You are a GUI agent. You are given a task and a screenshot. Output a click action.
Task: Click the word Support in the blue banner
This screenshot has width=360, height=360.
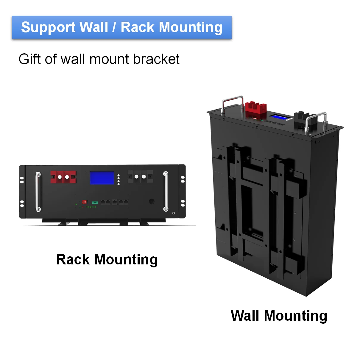point(48,28)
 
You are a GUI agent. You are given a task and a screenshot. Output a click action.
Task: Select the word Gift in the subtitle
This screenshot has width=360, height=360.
point(29,59)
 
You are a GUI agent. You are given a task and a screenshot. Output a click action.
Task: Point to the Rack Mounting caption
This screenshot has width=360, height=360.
point(107,259)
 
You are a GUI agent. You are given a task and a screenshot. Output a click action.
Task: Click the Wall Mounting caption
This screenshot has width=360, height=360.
point(279,316)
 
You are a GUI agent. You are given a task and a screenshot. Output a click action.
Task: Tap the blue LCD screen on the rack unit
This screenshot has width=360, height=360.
point(102,178)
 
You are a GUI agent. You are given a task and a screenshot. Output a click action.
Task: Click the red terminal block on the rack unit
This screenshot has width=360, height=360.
point(63,177)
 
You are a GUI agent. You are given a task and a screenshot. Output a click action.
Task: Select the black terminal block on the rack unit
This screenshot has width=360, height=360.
point(140,177)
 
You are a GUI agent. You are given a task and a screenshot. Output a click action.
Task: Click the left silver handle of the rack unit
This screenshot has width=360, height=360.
point(38,192)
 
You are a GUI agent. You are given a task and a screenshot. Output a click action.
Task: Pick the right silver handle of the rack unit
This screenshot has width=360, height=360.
point(166,191)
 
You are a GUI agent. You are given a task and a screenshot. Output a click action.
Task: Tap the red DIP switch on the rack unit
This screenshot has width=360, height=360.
point(84,202)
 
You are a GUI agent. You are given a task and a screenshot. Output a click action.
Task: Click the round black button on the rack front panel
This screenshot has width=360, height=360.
point(152,202)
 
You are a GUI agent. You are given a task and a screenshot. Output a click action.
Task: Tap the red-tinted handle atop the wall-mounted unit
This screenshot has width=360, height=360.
point(233,102)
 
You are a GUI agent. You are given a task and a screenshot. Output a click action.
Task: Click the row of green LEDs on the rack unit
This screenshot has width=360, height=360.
point(91,207)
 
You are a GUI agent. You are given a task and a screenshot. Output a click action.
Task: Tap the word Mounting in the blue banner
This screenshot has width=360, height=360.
point(191,28)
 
